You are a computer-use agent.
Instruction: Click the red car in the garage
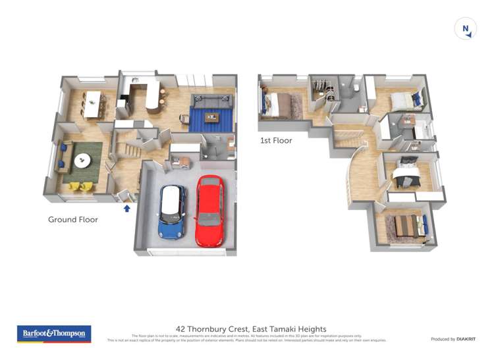[x=209, y=210]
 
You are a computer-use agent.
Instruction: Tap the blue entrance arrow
[x=127, y=208]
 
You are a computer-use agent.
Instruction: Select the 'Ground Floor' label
[x=72, y=220]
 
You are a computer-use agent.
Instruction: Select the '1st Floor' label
[x=276, y=140]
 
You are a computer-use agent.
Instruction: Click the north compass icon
[x=465, y=28]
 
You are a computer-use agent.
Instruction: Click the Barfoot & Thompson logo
[x=54, y=334]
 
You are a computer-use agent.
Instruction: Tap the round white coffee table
[x=83, y=160]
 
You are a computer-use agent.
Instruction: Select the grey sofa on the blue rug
[x=211, y=101]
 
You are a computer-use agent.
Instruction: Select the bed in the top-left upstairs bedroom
[x=279, y=103]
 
